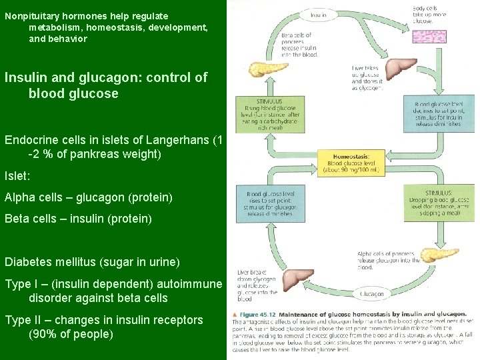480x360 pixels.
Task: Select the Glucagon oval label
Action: tap(371, 293)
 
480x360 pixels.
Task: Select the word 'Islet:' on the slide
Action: tap(17, 177)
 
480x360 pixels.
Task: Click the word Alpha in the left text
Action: tap(19, 197)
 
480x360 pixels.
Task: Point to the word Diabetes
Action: tap(27, 262)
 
